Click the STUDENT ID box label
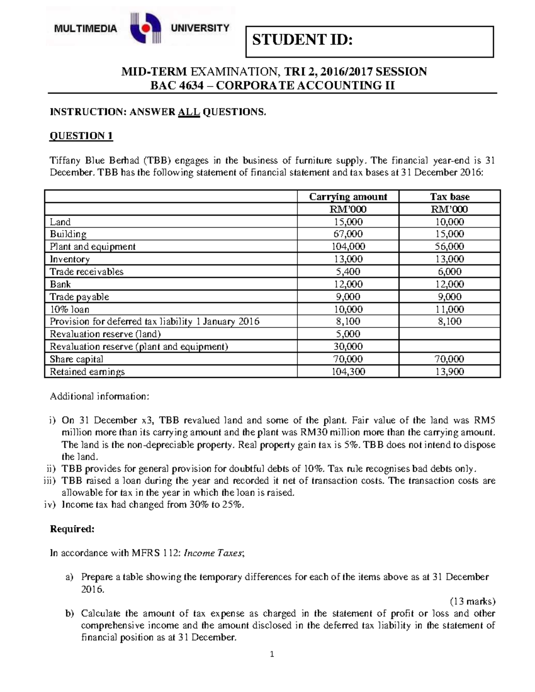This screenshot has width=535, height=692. [302, 40]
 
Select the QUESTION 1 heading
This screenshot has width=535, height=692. [81, 136]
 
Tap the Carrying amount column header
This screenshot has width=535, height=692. [348, 197]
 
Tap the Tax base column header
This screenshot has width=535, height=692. [449, 197]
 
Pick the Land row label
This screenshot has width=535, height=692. [60, 222]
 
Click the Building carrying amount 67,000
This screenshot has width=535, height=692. [348, 234]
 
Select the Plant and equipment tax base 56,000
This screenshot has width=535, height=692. [449, 246]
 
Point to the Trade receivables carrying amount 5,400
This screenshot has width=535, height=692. [348, 271]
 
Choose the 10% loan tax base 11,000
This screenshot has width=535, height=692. [449, 309]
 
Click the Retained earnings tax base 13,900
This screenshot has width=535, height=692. [449, 372]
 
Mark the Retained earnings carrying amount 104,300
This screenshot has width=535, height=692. [348, 372]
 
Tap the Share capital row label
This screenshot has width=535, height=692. [76, 359]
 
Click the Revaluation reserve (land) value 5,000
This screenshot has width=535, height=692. [348, 334]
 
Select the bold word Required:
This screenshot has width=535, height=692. [72, 529]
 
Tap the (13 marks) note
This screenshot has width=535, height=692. [473, 601]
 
